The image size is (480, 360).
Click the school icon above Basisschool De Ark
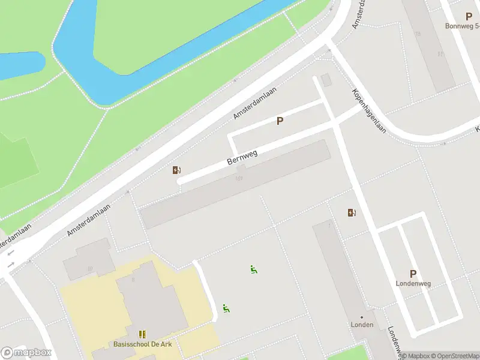[142, 334]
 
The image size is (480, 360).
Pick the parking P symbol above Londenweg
[413, 274]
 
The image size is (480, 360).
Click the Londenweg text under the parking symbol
[413, 283]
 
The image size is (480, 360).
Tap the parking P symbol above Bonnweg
[469, 17]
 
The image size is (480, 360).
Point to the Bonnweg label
[462, 26]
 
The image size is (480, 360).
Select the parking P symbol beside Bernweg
[280, 121]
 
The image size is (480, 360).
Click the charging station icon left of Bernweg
[176, 170]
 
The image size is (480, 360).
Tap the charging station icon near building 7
[351, 212]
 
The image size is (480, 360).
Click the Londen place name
[362, 325]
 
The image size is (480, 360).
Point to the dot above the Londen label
[362, 317]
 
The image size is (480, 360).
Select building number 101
[239, 179]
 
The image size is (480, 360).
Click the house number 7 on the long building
[329, 226]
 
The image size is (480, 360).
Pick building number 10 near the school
[90, 268]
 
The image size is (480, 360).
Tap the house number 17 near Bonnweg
[441, 54]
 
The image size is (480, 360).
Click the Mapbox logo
[26, 353]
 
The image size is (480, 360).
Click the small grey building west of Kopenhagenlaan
[326, 80]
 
